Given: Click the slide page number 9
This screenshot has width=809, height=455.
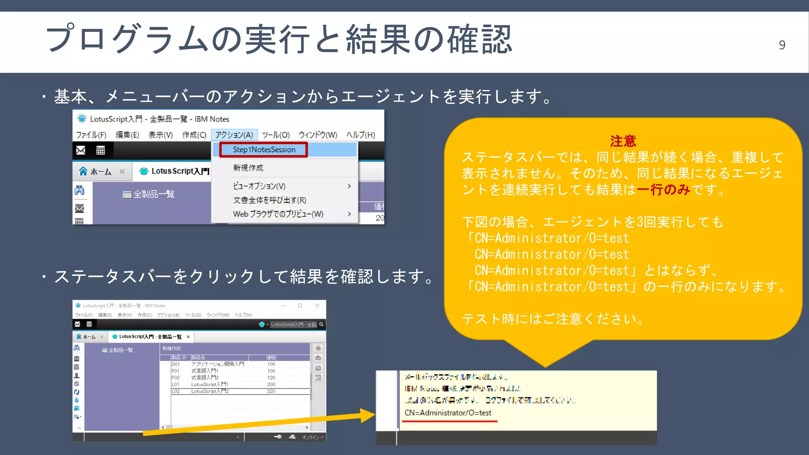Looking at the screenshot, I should tap(782, 45).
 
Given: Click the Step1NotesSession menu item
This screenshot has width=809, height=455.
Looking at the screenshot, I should tap(264, 150).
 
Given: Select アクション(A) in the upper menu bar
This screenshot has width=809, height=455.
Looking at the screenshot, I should tap(234, 135).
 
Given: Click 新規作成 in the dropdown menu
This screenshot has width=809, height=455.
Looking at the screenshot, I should tap(248, 168).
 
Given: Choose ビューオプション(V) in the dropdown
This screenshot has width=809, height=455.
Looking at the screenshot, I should tap(259, 186).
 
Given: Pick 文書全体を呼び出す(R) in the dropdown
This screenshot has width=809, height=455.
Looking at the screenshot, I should tap(270, 200).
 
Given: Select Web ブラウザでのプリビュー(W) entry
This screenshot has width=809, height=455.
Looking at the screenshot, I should tap(278, 214).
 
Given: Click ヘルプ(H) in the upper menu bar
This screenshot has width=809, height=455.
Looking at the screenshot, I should tap(361, 135).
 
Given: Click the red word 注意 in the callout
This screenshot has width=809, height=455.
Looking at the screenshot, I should tap(623, 141).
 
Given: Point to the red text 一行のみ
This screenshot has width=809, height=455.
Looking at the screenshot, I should tap(664, 190).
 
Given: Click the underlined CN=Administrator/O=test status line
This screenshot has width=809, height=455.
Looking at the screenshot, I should tap(448, 413).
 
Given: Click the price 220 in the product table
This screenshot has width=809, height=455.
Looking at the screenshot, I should tap(271, 391).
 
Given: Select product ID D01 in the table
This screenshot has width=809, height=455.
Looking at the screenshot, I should tap(175, 364).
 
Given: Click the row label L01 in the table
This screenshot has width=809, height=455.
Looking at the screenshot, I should tap(175, 384).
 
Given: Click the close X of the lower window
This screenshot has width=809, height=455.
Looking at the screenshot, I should tap(317, 305).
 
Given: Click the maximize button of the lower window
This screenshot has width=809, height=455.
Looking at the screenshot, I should tap(300, 305).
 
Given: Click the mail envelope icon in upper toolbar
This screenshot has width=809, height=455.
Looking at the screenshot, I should tap(81, 150).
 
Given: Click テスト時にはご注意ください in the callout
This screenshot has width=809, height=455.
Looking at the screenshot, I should tap(553, 319).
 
